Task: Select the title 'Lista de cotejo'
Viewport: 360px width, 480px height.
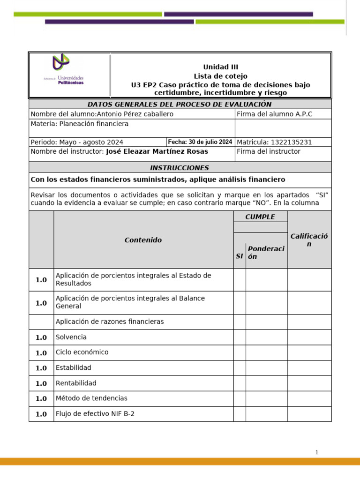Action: click(x=220, y=76)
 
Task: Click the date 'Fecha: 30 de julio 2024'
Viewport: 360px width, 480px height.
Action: click(x=200, y=142)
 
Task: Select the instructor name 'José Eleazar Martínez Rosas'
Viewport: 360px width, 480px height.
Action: click(x=157, y=151)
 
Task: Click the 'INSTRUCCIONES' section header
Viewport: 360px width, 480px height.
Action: click(x=180, y=167)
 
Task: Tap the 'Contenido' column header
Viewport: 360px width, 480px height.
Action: click(x=143, y=240)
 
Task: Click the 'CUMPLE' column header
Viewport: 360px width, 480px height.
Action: click(x=260, y=217)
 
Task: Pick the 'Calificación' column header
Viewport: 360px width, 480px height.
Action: click(x=309, y=240)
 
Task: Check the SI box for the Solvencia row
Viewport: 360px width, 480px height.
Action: click(x=240, y=337)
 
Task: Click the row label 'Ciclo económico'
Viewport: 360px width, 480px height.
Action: click(x=82, y=352)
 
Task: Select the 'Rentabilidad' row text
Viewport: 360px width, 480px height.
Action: click(x=76, y=383)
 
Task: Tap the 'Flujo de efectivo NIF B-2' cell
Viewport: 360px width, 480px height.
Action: click(x=95, y=414)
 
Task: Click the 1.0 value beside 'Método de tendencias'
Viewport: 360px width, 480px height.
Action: click(x=41, y=398)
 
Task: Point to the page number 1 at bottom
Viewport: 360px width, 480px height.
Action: click(x=317, y=452)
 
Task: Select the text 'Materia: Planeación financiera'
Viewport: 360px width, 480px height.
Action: click(x=79, y=124)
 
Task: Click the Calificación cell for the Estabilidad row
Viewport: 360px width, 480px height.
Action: click(x=309, y=367)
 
